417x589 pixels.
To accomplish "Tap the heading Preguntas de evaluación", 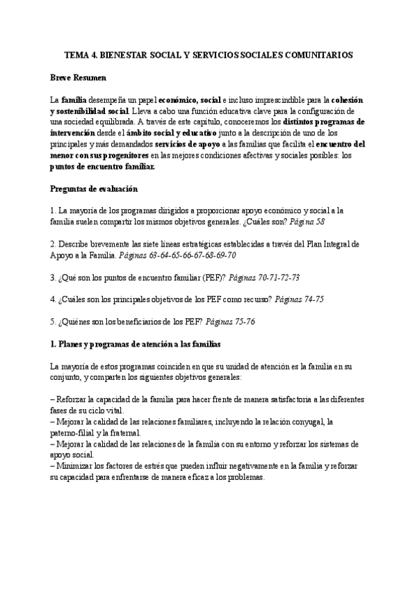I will tap(95, 189).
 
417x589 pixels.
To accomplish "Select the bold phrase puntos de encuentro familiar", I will tap(103, 167).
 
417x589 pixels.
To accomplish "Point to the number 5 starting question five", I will tap(54, 322).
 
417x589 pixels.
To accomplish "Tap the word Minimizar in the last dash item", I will tap(77, 467).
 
